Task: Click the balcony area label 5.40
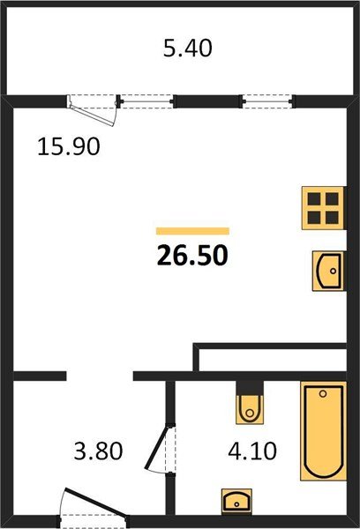click(x=188, y=48)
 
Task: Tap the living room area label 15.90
click(x=69, y=146)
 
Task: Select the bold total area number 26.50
click(x=192, y=255)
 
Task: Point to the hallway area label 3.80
click(x=98, y=451)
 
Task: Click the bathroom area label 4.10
click(x=252, y=451)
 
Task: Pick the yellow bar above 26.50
click(x=192, y=231)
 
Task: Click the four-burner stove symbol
click(x=323, y=208)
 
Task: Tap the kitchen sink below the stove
click(x=328, y=271)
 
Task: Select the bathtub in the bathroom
click(x=323, y=431)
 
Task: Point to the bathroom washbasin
click(x=236, y=501)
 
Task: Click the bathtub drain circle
click(x=323, y=393)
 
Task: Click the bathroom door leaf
click(x=157, y=447)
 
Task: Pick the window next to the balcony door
click(x=146, y=101)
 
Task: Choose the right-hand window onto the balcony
click(x=267, y=101)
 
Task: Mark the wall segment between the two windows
click(x=207, y=101)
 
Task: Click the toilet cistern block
click(x=250, y=388)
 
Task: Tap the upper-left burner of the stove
click(x=314, y=199)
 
